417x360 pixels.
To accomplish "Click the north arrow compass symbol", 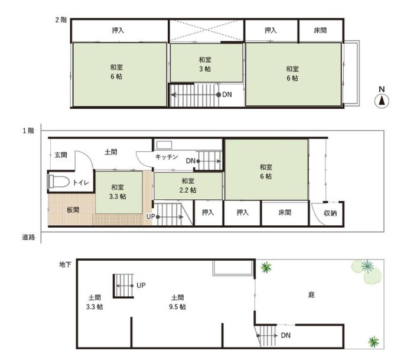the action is tap(382, 101).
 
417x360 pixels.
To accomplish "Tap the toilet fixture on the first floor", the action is tap(58, 181).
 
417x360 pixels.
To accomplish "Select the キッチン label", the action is tap(167, 157).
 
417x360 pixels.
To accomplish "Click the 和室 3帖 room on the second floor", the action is tap(206, 63).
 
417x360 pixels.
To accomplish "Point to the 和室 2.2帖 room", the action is tap(188, 186).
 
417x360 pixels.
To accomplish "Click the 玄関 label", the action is tap(61, 155).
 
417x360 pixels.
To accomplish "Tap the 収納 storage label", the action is tap(330, 213).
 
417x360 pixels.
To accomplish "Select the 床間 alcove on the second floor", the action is tap(321, 31).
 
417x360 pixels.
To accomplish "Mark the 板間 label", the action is tap(73, 210).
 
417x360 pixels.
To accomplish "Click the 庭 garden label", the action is tap(311, 295).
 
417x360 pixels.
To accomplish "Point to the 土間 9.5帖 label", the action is tap(177, 302).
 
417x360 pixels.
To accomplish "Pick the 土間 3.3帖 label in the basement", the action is tap(95, 302).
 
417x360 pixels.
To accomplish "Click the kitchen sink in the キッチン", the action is tap(164, 145).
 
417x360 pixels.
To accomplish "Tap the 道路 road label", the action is tap(28, 237).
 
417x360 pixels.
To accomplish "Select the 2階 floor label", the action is tap(61, 20).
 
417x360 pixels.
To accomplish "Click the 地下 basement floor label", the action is tap(66, 264).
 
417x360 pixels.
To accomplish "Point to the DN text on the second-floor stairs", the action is tap(227, 95).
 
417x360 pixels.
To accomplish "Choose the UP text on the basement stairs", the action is tap(141, 286).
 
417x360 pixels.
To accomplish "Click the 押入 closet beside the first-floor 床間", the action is tap(242, 212).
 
